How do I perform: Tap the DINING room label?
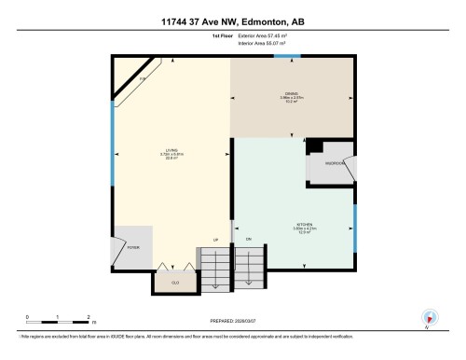pyautogui.click(x=290, y=95)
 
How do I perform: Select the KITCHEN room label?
pyautogui.click(x=305, y=225)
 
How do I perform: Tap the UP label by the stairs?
pyautogui.click(x=216, y=240)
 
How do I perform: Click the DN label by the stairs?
pyautogui.click(x=249, y=241)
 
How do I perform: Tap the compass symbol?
pyautogui.click(x=428, y=317)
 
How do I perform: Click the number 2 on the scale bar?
pyautogui.click(x=88, y=317)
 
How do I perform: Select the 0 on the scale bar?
pyautogui.click(x=27, y=317)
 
